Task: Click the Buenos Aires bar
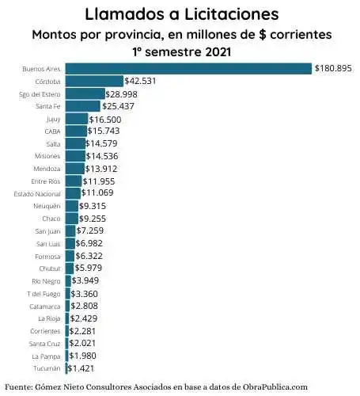188,69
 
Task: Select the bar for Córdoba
94,81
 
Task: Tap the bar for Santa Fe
82,106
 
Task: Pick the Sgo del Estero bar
84,93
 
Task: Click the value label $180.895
333,69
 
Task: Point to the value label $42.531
144,81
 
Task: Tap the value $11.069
100,193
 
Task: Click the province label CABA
52,131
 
